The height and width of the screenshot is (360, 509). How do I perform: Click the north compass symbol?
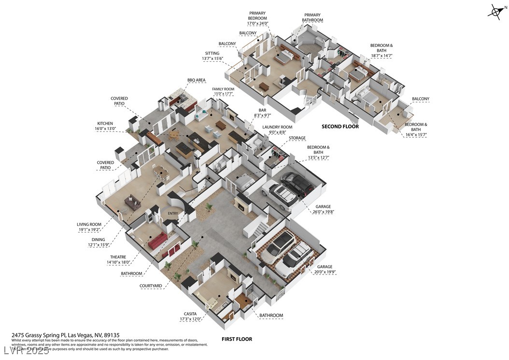496,12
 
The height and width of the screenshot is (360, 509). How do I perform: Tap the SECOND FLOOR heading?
340,127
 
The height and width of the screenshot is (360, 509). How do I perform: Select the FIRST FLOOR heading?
237,339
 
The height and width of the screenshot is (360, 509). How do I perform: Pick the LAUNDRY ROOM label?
277,128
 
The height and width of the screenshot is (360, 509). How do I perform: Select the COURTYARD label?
151,286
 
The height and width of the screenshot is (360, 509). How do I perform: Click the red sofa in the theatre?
157,241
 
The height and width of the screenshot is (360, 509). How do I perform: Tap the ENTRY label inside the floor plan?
172,213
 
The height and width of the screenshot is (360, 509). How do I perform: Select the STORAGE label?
297,138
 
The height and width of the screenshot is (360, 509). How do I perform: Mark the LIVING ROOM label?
89,224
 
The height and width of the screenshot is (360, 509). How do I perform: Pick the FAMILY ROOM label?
223,89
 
